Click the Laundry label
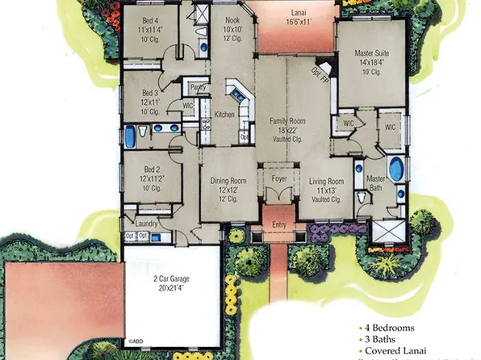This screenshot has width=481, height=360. pos(146,223)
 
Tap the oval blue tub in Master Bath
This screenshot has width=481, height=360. pos(395,170)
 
